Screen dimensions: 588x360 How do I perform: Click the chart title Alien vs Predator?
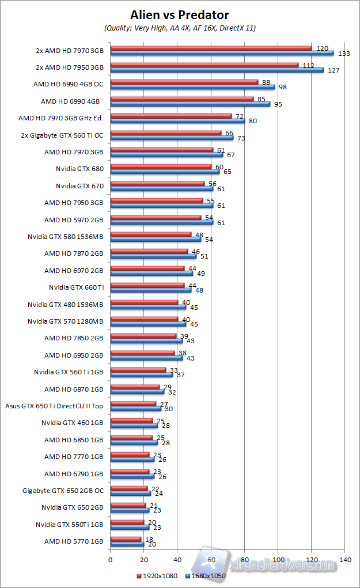pos(180,14)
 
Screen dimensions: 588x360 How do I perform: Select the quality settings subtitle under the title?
pos(180,28)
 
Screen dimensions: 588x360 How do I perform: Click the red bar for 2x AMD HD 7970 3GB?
pos(210,48)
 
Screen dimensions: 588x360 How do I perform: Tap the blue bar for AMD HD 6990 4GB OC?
pos(192,87)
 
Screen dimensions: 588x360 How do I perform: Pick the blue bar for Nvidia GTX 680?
pos(165,171)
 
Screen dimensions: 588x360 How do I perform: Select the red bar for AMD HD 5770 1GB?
pos(125,539)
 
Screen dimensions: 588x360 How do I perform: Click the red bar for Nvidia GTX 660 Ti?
pos(147,285)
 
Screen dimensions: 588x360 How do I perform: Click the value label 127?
pos(334,70)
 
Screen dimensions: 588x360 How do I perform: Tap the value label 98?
pos(283,87)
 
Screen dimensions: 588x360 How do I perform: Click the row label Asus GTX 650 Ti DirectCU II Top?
pos(54,405)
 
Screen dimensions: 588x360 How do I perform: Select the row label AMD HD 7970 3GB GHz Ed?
pos(61,118)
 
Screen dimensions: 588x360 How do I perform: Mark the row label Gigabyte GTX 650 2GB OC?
pos(63,491)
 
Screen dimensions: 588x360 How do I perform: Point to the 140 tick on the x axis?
pos(345,559)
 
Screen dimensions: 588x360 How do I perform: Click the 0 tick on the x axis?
pos(110,559)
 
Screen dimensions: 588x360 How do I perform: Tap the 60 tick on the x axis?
pos(211,559)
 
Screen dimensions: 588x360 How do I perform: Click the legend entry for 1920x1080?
pos(158,575)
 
